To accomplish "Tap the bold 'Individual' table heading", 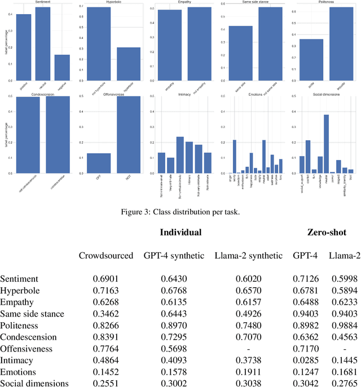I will tap(180, 233).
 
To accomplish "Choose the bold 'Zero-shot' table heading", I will tap(326, 233).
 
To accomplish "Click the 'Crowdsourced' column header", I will tap(105, 256).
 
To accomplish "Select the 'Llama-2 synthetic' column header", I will tap(248, 256).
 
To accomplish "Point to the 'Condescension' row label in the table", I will tap(28, 337).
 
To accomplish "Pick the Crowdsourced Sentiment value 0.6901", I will tap(105, 279).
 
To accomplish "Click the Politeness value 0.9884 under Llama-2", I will tap(344, 325).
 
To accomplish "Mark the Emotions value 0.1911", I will tap(248, 372).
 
